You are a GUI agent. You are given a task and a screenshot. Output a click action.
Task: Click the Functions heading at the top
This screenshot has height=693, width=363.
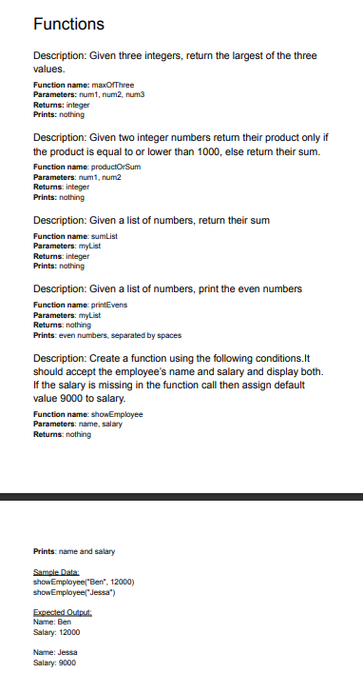[68, 23]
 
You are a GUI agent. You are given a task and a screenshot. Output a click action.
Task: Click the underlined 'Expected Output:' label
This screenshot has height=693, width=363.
[60, 616]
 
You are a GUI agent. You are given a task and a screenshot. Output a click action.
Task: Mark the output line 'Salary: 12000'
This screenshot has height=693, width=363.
[57, 634]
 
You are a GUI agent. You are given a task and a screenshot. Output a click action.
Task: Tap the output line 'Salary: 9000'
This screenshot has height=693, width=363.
[57, 662]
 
